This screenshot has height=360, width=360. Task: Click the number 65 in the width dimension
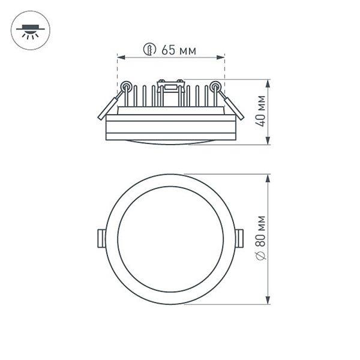click(x=168, y=50)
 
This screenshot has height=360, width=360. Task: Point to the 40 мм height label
click(x=260, y=112)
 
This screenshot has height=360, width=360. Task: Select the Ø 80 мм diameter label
click(x=260, y=238)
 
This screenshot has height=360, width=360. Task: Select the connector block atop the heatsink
click(x=170, y=85)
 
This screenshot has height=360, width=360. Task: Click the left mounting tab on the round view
click(x=100, y=238)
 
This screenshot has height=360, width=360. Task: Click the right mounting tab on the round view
click(x=241, y=238)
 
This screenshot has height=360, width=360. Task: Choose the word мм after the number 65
click(x=187, y=50)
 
